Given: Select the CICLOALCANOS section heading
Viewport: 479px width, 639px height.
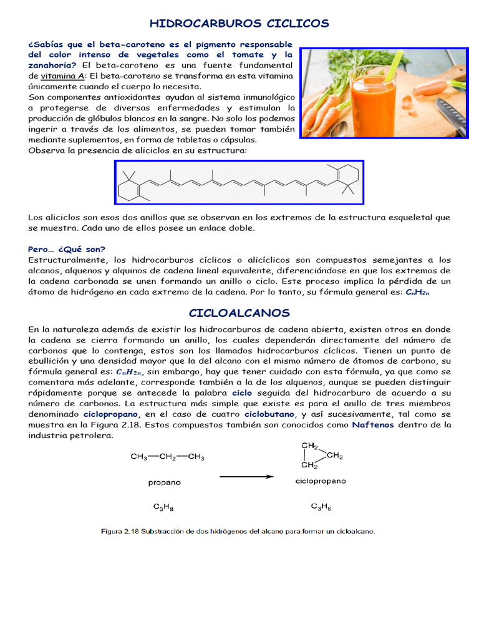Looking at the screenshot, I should coord(239,312).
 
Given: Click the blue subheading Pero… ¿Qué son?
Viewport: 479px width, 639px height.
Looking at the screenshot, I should coord(67,248).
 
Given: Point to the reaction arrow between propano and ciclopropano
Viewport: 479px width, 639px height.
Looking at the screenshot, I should coord(246,477).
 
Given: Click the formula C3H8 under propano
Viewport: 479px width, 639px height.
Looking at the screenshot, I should coord(164,507).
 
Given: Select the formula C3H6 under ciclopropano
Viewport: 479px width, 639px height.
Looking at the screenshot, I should coord(321,507).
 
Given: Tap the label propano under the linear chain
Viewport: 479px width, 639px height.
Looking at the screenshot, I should coord(164,482).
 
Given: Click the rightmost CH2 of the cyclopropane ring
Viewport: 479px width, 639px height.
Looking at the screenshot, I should coord(334,456).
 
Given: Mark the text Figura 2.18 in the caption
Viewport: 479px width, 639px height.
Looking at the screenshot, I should coord(120,531).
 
